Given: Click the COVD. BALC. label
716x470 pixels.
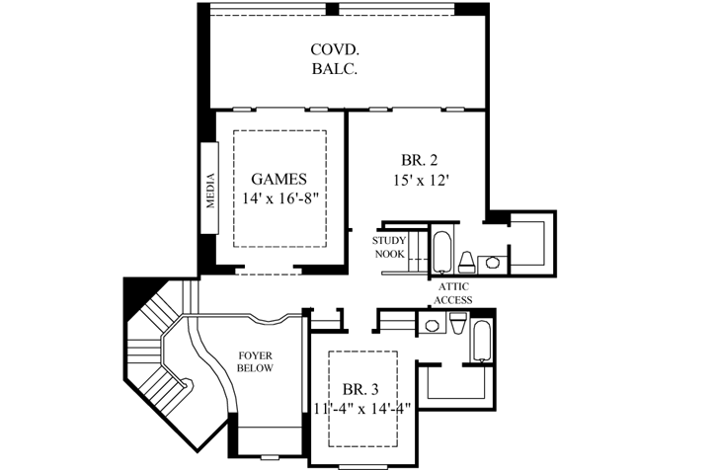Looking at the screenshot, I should coord(333,58).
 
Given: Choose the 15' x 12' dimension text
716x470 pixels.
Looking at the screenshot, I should coord(421,181).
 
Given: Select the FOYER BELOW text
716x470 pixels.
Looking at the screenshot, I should coord(255,361).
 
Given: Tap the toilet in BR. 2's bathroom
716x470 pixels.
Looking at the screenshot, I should coord(466,261).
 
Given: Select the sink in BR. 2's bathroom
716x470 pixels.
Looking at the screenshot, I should coord(490,263).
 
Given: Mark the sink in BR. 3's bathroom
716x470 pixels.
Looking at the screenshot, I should coord(431,326).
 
